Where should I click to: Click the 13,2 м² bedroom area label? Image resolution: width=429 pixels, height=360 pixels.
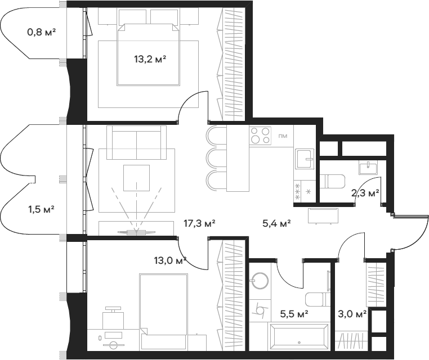tap(150, 59)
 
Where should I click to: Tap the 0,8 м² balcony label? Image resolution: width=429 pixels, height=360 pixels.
tap(42, 32)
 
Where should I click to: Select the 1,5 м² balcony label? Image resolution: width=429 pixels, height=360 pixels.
tap(41, 210)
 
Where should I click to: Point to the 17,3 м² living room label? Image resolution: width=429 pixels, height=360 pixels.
tap(199, 224)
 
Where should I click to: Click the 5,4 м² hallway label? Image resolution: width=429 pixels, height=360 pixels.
tap(276, 224)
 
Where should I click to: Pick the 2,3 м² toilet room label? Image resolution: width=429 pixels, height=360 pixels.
tap(365, 193)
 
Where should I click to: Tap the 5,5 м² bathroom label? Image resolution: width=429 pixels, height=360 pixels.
tap(294, 314)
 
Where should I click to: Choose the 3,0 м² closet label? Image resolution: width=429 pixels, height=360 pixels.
tap(352, 314)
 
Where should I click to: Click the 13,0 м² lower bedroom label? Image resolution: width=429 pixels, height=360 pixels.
tap(170, 260)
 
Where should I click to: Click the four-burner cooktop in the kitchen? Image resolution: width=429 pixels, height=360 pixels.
tap(260, 136)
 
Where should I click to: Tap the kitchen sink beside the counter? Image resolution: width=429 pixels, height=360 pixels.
tap(305, 159)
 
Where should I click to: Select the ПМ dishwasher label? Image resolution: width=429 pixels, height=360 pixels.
tap(283, 136)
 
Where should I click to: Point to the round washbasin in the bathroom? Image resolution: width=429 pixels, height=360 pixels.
tap(260, 281)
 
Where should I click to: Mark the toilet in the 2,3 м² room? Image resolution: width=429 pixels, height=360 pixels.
tap(332, 181)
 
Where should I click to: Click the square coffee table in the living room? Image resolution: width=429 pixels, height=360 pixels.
tap(136, 178)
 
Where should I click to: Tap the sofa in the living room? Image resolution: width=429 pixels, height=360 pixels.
tap(136, 142)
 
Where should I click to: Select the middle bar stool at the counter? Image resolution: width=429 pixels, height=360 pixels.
tap(217, 159)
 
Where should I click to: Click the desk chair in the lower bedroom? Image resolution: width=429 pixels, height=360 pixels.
tap(111, 318)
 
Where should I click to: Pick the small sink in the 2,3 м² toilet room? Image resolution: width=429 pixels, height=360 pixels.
tap(368, 168)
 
